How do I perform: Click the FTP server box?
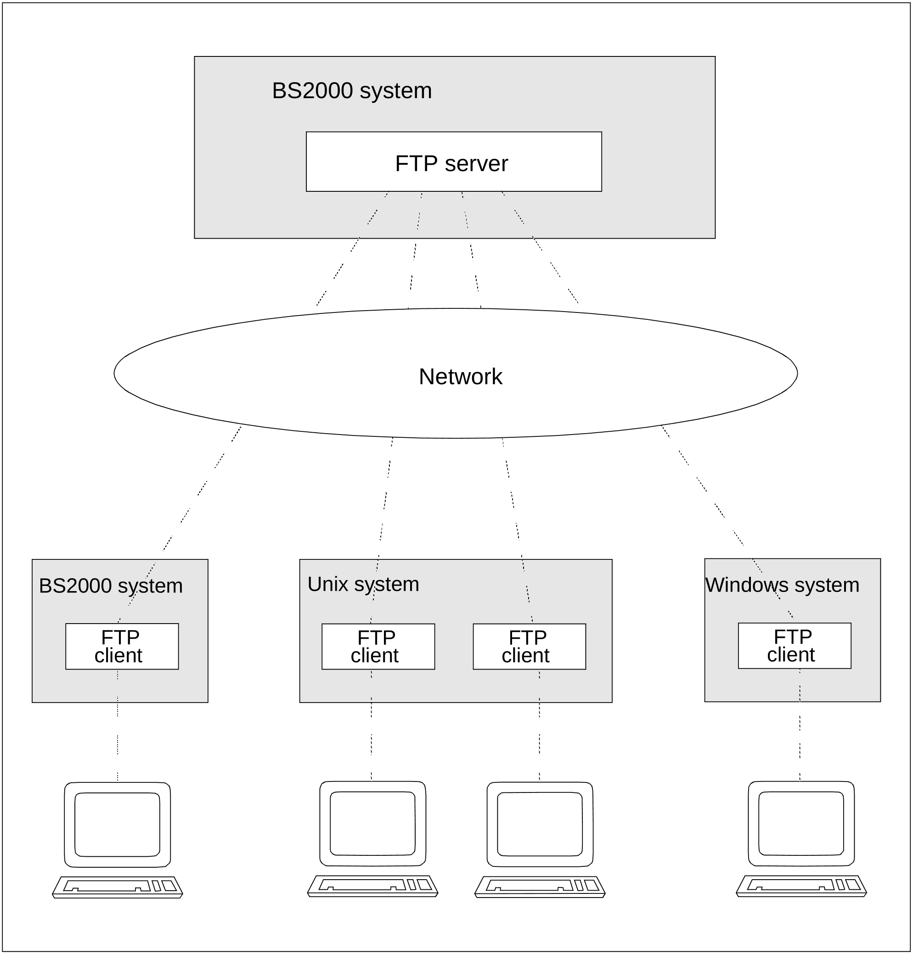point(454,162)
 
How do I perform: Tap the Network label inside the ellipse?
point(460,377)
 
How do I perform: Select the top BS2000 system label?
point(352,91)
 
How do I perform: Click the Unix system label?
point(363,585)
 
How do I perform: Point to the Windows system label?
point(782,586)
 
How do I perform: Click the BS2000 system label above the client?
point(111,586)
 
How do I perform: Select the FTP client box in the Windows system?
point(795,646)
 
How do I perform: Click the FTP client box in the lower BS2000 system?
point(122,647)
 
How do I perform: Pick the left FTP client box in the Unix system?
point(378,647)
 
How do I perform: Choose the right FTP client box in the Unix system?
point(530,647)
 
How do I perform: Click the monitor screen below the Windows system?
point(801,823)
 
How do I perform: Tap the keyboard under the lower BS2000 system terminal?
point(117,887)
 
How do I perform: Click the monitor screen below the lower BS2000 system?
point(117,825)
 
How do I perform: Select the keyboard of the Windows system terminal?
point(801,886)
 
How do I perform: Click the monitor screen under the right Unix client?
point(540,824)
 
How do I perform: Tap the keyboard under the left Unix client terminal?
point(373,886)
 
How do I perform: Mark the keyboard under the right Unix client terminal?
point(540,887)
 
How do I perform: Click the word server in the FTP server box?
point(476,164)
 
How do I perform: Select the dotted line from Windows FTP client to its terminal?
point(800,725)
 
